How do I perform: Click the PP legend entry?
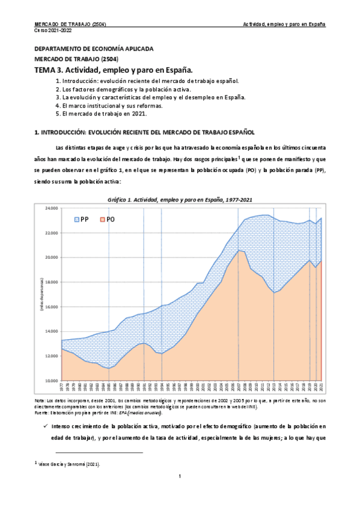(81, 220)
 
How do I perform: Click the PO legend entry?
(107, 220)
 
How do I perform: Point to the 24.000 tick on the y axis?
(51, 208)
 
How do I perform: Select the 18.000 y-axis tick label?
(51, 282)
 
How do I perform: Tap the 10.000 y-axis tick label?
(51, 381)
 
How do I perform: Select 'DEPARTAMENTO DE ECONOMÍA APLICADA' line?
(93, 48)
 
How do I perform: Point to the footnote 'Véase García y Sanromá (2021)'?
(69, 464)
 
